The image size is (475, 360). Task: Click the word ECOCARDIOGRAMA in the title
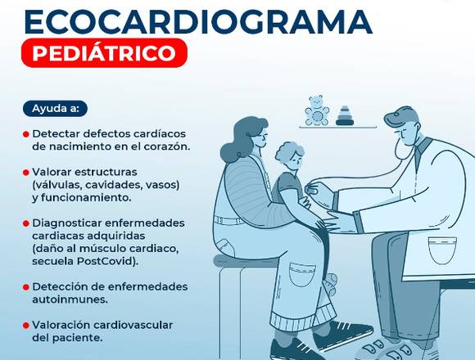pyautogui.click(x=198, y=22)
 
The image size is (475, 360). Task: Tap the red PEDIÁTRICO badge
pyautogui.click(x=104, y=53)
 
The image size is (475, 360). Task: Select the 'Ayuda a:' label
pyautogui.click(x=55, y=109)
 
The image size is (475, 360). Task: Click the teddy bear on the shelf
pyautogui.click(x=317, y=110)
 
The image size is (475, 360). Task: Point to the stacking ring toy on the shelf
pyautogui.click(x=345, y=115)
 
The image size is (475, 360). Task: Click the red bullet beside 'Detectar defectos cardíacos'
pyautogui.click(x=26, y=134)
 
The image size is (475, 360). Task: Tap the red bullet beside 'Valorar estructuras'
pyautogui.click(x=26, y=173)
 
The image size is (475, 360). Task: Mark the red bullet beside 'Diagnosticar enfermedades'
pyautogui.click(x=26, y=223)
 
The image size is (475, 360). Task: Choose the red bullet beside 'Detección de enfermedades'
pyautogui.click(x=26, y=287)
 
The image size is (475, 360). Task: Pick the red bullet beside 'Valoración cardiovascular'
pyautogui.click(x=26, y=326)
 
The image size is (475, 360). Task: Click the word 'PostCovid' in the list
pyautogui.click(x=106, y=261)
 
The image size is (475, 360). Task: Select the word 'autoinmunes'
pyautogui.click(x=69, y=299)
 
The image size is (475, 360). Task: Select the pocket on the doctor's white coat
pyautogui.click(x=442, y=250)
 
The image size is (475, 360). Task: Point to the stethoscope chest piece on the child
pyautogui.click(x=312, y=189)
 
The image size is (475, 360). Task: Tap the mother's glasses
pyautogui.click(x=262, y=135)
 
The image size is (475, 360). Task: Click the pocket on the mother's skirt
pyautogui.click(x=301, y=275)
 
